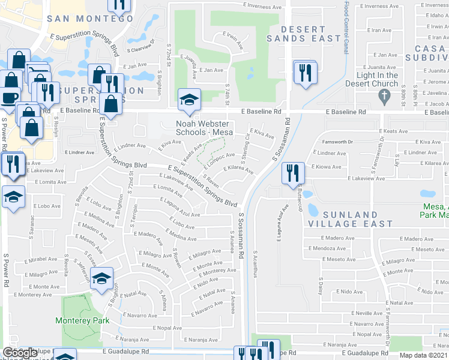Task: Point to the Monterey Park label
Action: point(82,320)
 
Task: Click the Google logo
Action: point(20,353)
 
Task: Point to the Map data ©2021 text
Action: point(424,355)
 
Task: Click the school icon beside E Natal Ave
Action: point(103,278)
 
